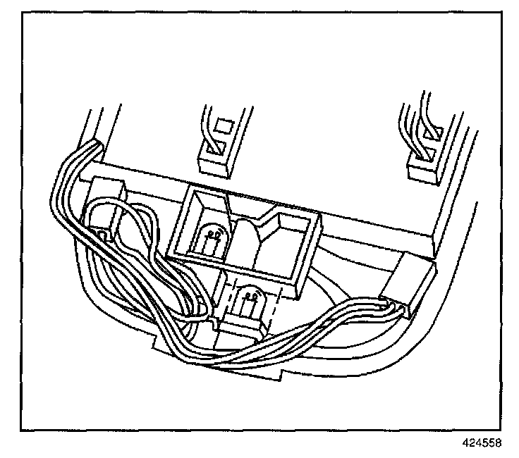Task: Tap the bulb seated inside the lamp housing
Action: point(212,240)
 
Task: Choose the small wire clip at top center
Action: point(214,158)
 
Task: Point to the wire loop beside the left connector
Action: point(141,225)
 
